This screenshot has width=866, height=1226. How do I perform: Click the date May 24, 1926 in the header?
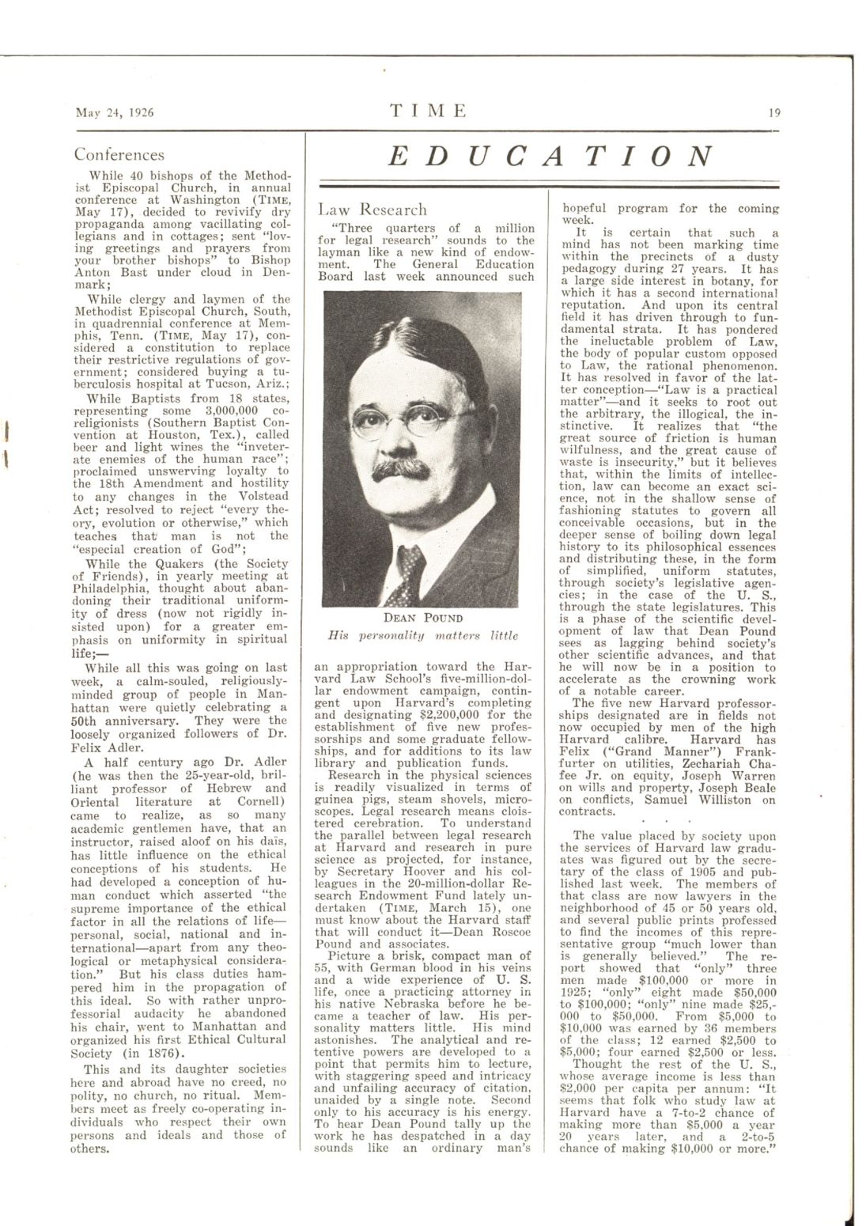pyautogui.click(x=114, y=112)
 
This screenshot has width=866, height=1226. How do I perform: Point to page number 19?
pyautogui.click(x=774, y=112)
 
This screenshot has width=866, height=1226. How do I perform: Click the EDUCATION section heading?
pyautogui.click(x=552, y=157)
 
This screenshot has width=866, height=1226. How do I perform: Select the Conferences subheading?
pyautogui.click(x=119, y=155)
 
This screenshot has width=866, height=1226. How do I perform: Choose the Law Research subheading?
pyautogui.click(x=372, y=210)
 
